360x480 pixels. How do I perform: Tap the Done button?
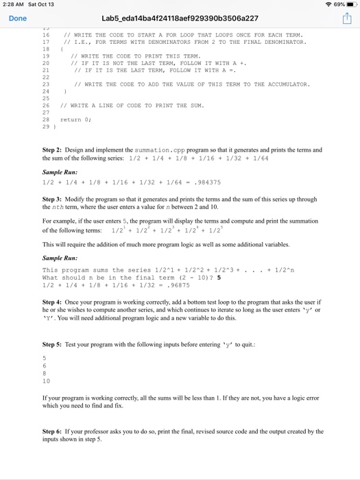click(x=18, y=19)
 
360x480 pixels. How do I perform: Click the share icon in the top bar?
click(x=346, y=19)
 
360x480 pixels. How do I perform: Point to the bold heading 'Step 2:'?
click(x=53, y=149)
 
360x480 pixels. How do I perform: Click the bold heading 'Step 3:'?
click(x=53, y=199)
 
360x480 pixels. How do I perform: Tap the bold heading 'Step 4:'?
click(x=53, y=302)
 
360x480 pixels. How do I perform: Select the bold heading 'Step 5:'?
click(x=53, y=344)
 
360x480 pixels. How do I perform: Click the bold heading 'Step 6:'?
click(x=53, y=431)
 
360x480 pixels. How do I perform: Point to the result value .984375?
click(x=208, y=182)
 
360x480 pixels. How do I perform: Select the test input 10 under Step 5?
click(x=46, y=381)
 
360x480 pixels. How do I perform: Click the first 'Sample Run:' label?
click(x=60, y=172)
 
